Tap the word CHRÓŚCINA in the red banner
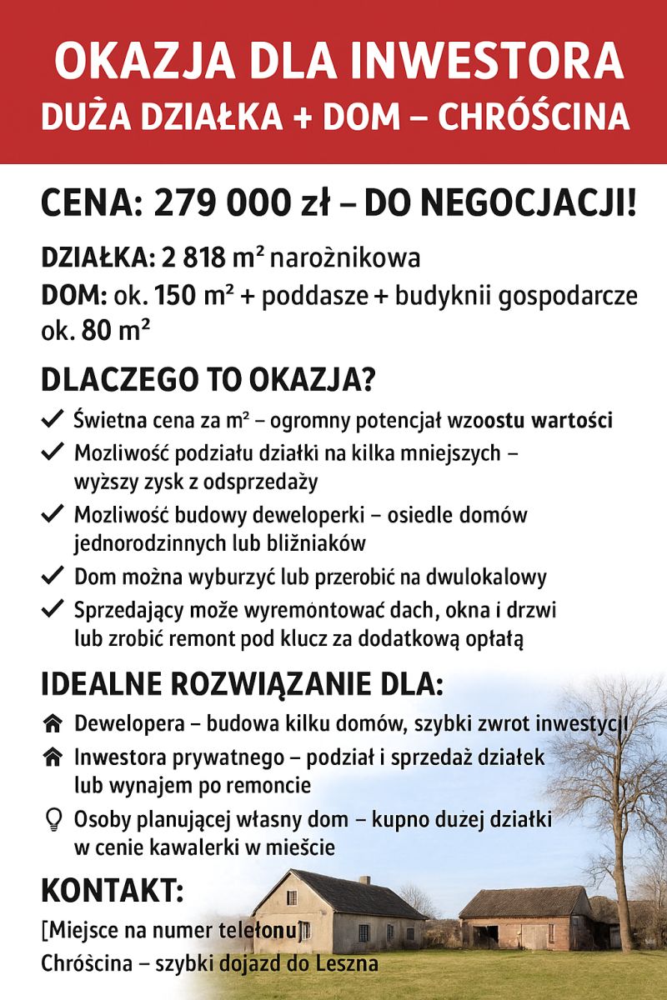point(534,117)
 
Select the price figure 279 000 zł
point(242,204)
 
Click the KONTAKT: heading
point(113,891)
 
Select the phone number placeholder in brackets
point(175,929)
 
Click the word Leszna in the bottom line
point(349,964)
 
